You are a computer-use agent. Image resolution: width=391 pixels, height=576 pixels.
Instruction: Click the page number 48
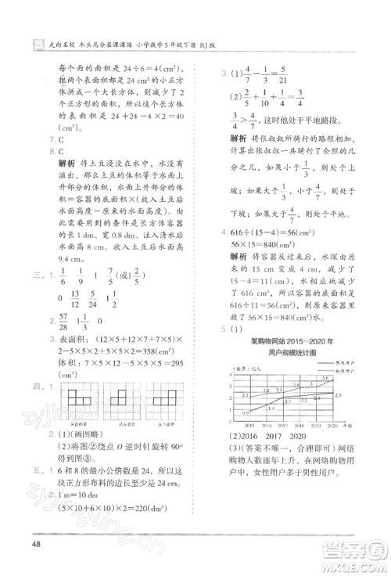coord(36,545)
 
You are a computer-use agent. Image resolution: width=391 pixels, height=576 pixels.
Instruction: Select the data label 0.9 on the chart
coord(246,412)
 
